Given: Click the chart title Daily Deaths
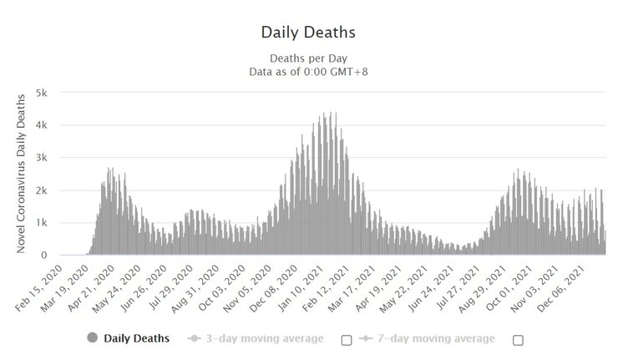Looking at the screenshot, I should coord(309,33).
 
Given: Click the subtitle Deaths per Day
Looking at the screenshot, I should coord(309,58).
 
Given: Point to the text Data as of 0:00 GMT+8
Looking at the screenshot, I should coord(309,72).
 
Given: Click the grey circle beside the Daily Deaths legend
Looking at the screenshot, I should coord(91,338).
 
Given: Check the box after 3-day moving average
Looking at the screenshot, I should coord(346,339).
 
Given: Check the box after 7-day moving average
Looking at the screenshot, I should coord(517,339).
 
